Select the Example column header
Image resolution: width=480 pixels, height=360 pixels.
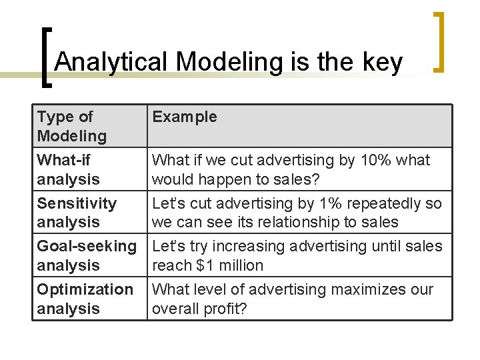click(x=185, y=117)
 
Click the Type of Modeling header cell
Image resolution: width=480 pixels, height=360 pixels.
click(x=72, y=126)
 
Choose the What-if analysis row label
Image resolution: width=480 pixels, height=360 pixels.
click(x=69, y=169)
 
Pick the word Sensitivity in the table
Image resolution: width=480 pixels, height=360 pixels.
click(x=77, y=203)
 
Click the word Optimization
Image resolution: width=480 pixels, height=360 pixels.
click(x=85, y=289)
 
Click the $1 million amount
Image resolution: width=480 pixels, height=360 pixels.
click(x=231, y=265)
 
